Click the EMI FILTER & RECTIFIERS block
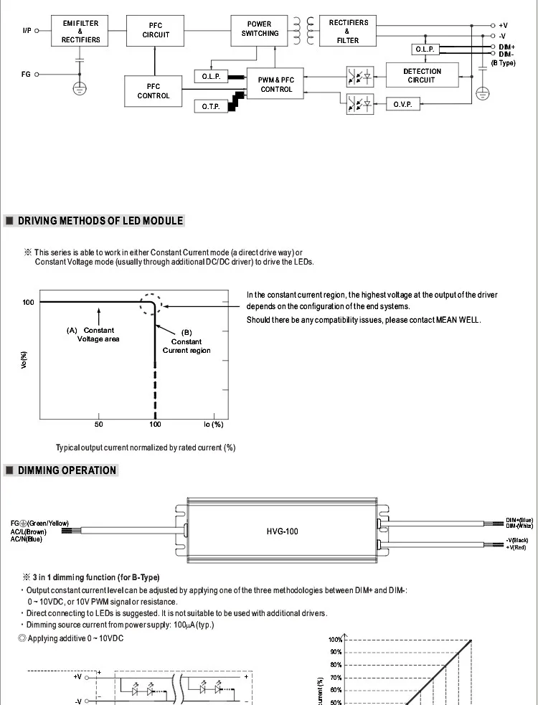(x=80, y=32)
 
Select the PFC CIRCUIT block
(x=156, y=30)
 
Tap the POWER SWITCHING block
(x=260, y=29)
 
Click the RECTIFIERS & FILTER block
(x=348, y=32)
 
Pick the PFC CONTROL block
(x=154, y=91)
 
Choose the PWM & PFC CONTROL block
(x=276, y=85)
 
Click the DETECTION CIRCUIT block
(x=422, y=75)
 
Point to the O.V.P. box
(x=402, y=105)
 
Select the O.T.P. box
(x=210, y=106)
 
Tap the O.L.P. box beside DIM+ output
(x=425, y=49)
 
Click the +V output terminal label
(x=503, y=25)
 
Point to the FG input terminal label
(x=26, y=74)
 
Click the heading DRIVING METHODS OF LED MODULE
(x=100, y=221)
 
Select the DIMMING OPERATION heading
(x=67, y=470)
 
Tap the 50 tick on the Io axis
(x=98, y=425)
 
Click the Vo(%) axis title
(x=24, y=361)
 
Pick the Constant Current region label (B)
(x=187, y=341)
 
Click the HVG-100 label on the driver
(x=282, y=531)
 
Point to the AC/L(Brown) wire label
(x=29, y=531)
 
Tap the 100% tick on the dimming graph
(x=335, y=640)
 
